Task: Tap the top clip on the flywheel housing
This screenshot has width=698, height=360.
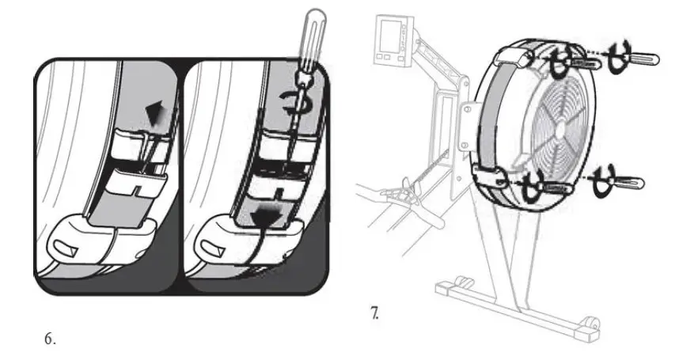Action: tap(516, 57)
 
